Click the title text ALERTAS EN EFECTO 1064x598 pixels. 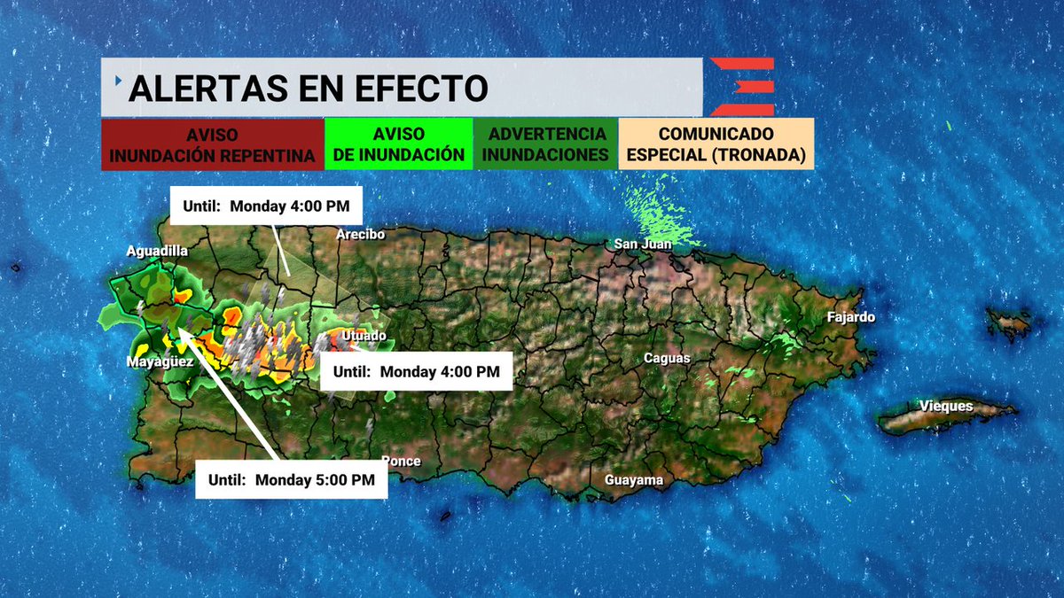(x=309, y=89)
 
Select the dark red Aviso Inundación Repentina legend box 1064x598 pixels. (x=212, y=144)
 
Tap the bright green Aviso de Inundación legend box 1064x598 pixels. (x=399, y=144)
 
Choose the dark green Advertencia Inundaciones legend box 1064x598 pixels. (x=545, y=144)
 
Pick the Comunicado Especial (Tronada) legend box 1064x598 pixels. (x=716, y=144)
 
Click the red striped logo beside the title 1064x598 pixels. (x=743, y=87)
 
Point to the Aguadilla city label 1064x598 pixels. (x=157, y=252)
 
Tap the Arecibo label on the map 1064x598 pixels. (x=359, y=235)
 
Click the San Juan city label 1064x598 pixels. (x=643, y=244)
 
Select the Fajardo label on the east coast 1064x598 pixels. (x=850, y=316)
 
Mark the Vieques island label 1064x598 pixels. (x=946, y=407)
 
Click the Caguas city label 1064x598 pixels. (x=667, y=358)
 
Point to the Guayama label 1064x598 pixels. (x=633, y=480)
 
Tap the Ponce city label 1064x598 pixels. (x=401, y=461)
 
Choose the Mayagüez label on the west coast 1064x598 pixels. (x=160, y=362)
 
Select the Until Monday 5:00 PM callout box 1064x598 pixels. (x=292, y=479)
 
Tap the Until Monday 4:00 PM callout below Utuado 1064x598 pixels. (x=416, y=372)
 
